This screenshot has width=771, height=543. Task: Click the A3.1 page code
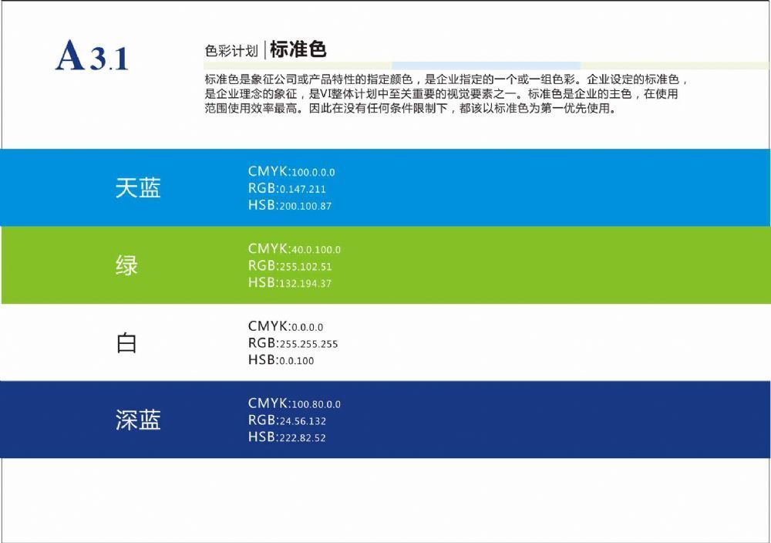coord(92,56)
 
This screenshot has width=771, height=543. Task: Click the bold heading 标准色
coord(298,49)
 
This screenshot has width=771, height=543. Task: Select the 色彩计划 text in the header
coord(231,51)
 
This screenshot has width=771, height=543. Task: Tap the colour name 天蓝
coord(138,188)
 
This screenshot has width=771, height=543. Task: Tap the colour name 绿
coord(127,265)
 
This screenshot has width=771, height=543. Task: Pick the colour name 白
coord(126,342)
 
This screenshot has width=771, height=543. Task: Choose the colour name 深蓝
coord(138,420)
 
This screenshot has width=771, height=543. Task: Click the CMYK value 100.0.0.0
coord(313,173)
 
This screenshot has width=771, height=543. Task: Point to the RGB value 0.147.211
coord(302,190)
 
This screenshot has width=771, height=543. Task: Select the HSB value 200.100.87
coord(305,206)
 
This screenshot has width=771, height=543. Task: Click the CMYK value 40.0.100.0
coord(316,250)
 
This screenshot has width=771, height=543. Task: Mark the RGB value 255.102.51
coord(305,267)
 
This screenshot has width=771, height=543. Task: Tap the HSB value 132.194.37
coord(305,284)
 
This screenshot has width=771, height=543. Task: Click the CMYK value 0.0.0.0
coord(308,328)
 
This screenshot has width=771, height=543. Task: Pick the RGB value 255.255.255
coord(308,344)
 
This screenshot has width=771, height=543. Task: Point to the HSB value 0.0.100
coord(297,361)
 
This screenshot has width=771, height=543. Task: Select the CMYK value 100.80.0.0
coord(316,405)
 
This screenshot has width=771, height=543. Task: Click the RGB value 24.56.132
coord(302,421)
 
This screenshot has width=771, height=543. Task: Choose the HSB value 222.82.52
coord(302,438)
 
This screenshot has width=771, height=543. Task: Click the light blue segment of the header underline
coord(487,66)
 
